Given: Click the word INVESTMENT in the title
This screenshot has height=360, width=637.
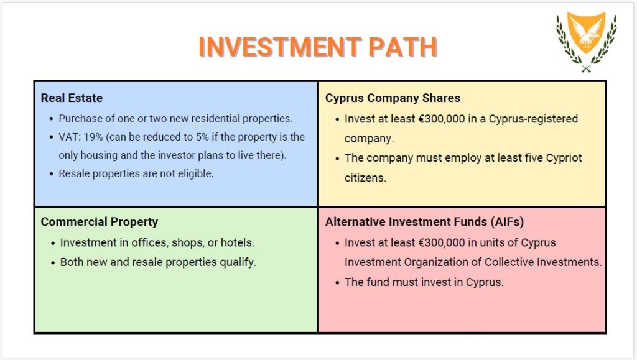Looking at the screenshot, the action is click(279, 47).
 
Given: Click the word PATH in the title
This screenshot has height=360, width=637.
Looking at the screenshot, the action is click(402, 47).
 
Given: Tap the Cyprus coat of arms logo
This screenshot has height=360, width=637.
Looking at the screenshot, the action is click(586, 42).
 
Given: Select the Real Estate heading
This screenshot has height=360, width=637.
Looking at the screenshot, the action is click(72, 98).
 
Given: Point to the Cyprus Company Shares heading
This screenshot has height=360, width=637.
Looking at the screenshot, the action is click(393, 98).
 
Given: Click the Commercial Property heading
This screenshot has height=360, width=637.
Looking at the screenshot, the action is click(99, 222).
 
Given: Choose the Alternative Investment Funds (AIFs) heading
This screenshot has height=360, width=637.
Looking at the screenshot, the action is click(424, 221).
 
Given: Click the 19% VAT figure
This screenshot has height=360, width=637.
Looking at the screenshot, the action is click(93, 137).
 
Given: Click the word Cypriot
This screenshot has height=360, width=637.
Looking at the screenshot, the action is click(564, 158).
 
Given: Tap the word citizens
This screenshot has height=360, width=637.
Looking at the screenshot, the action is click(365, 178).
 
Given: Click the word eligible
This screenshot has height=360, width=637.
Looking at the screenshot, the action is click(195, 173).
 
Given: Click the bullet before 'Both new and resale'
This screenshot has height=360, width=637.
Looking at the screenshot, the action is click(53, 263).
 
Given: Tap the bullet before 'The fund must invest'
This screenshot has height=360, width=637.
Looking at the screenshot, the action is click(337, 283).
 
